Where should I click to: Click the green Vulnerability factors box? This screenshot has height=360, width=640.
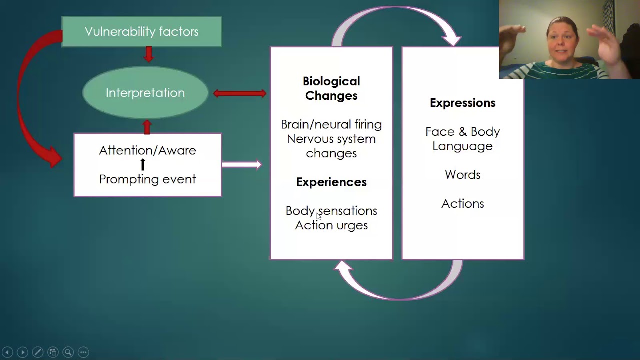[x=141, y=32]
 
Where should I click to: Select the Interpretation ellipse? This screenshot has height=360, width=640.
[x=145, y=93]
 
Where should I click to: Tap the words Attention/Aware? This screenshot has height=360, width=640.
[x=147, y=150]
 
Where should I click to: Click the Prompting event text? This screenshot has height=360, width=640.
[x=147, y=179]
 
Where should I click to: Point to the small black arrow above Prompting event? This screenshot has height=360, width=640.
[x=143, y=164]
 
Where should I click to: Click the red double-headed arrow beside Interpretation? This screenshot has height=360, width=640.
[x=240, y=93]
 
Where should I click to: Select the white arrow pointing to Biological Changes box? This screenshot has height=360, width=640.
[x=242, y=164]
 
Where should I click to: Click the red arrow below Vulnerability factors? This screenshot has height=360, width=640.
[x=148, y=54]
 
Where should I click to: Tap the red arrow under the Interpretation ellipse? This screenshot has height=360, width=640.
[x=147, y=127]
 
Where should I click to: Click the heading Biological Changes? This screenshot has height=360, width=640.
[x=331, y=88]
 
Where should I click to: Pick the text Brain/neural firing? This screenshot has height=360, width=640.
[x=331, y=124]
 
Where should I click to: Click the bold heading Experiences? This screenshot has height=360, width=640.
[x=331, y=182]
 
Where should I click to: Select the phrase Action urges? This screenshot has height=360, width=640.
[x=331, y=225]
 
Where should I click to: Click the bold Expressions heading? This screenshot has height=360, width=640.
[x=462, y=103]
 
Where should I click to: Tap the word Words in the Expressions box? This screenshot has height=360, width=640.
[x=462, y=175]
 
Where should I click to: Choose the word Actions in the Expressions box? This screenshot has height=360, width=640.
[x=462, y=204]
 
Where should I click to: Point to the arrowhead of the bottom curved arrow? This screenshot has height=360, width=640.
[x=343, y=268]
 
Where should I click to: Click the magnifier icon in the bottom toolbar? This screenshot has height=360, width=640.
[x=68, y=352]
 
